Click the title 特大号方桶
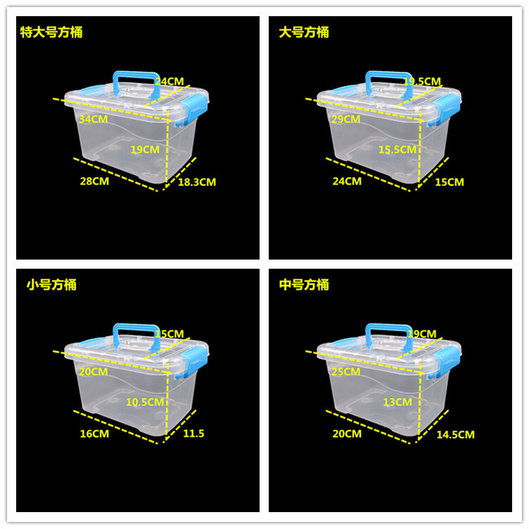tap(53, 32)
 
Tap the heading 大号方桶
tap(303, 32)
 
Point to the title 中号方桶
tap(303, 285)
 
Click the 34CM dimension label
tap(94, 119)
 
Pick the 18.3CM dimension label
tap(196, 182)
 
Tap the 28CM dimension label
tap(94, 181)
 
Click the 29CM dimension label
tap(346, 119)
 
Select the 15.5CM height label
tap(398, 149)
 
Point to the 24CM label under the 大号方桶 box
tap(347, 181)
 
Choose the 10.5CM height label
tap(146, 402)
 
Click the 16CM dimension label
tap(94, 434)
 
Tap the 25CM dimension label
tap(346, 371)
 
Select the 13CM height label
tap(398, 402)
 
